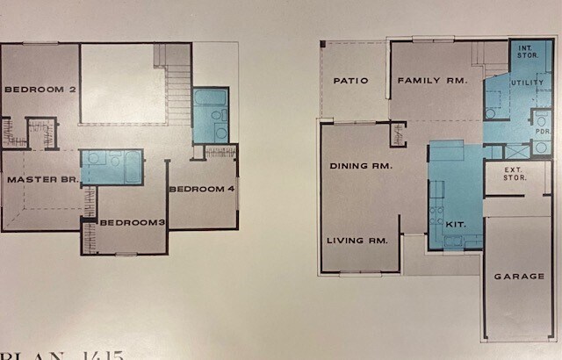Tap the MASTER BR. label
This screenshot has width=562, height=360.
(43, 179)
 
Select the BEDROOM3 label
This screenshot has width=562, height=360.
(133, 222)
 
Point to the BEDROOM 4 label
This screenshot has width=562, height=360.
(201, 189)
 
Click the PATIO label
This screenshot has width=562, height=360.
(350, 81)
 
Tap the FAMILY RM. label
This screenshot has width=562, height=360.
(433, 81)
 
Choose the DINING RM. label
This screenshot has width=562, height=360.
(361, 165)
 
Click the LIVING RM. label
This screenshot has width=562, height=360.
(357, 241)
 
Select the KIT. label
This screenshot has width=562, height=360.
(455, 225)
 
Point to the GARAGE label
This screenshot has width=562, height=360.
(518, 276)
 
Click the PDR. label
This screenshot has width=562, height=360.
(542, 132)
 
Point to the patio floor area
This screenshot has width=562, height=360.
(351, 101)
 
